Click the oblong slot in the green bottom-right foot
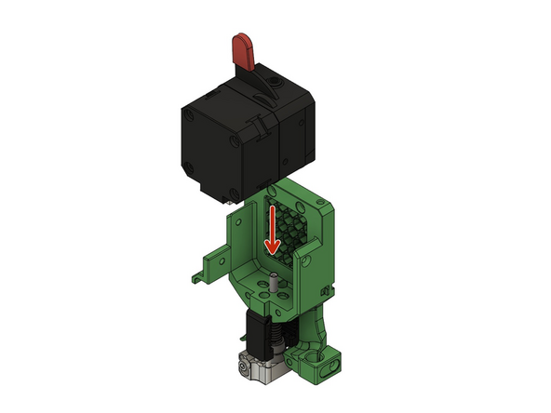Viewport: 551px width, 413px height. point(327,367)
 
